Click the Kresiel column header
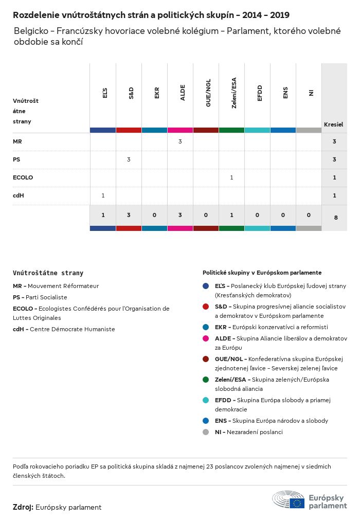[x=333, y=124]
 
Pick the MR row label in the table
[x=17, y=141]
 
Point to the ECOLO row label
[x=23, y=177]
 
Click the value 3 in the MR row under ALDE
[x=180, y=141]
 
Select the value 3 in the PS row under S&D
[x=129, y=159]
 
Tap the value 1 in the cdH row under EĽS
[x=103, y=195]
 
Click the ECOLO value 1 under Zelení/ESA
[x=231, y=177]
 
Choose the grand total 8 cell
[x=336, y=218]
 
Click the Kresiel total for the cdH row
[x=334, y=195]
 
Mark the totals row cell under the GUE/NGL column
[x=206, y=215]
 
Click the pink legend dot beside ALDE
[x=206, y=338]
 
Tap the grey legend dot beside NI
[x=206, y=432]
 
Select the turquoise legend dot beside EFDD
[x=206, y=400]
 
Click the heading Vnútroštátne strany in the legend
[x=48, y=273]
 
